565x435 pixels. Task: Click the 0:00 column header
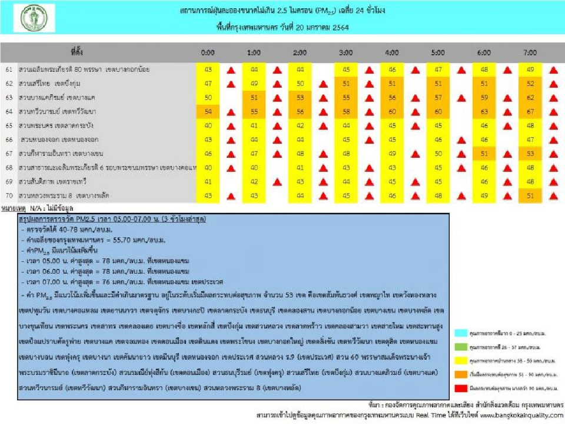point(208,52)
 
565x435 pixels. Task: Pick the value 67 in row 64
point(530,111)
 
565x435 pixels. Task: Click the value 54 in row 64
point(208,111)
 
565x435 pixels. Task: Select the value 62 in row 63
point(530,97)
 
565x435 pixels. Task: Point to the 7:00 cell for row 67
point(530,153)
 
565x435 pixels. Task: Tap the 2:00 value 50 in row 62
point(300,84)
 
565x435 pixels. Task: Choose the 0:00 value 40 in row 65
point(208,125)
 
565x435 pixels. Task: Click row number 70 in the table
point(9,195)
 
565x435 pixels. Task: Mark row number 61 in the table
point(9,69)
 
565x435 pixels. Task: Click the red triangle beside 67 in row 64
point(553,112)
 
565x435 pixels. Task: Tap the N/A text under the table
point(36,208)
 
